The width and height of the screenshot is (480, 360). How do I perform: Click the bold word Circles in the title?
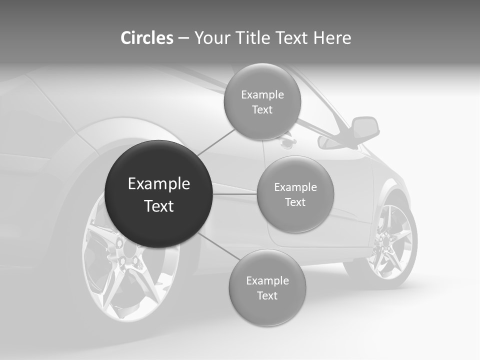[x=146, y=38]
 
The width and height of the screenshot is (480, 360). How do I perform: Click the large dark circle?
[x=159, y=194]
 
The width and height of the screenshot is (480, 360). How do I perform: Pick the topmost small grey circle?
[x=262, y=101]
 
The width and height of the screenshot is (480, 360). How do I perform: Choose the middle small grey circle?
[x=295, y=194]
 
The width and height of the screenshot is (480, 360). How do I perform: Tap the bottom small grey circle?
[x=267, y=287]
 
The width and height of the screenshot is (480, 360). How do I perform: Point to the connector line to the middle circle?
[x=235, y=194]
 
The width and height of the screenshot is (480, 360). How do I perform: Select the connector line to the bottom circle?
[x=215, y=245]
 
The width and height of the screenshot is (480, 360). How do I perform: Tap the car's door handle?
[x=287, y=143]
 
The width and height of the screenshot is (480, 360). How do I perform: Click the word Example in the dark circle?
[x=159, y=184]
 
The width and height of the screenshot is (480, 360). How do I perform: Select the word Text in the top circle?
[x=262, y=109]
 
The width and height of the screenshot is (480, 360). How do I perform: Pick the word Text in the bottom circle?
[x=267, y=295]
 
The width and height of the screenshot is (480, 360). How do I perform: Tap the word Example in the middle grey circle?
[x=295, y=187]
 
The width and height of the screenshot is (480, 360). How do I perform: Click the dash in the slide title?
[x=183, y=38]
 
